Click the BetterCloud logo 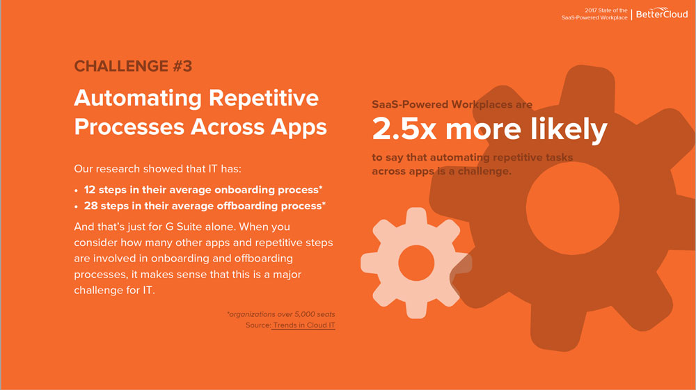point(662,13)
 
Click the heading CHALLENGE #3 point(133,66)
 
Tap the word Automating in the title point(138,99)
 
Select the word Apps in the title point(299,128)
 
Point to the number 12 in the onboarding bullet point(90,190)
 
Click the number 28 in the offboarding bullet point(90,206)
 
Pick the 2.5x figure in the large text point(404,129)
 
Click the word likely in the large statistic point(569,130)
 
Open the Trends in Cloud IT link point(304,325)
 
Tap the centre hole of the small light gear point(416,263)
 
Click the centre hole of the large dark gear point(573,209)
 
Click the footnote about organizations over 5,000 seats point(281,314)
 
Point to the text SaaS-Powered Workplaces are point(452,104)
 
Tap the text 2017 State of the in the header point(606,10)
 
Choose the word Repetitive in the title point(264,99)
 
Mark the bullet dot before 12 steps point(77,190)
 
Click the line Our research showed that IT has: point(157,169)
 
